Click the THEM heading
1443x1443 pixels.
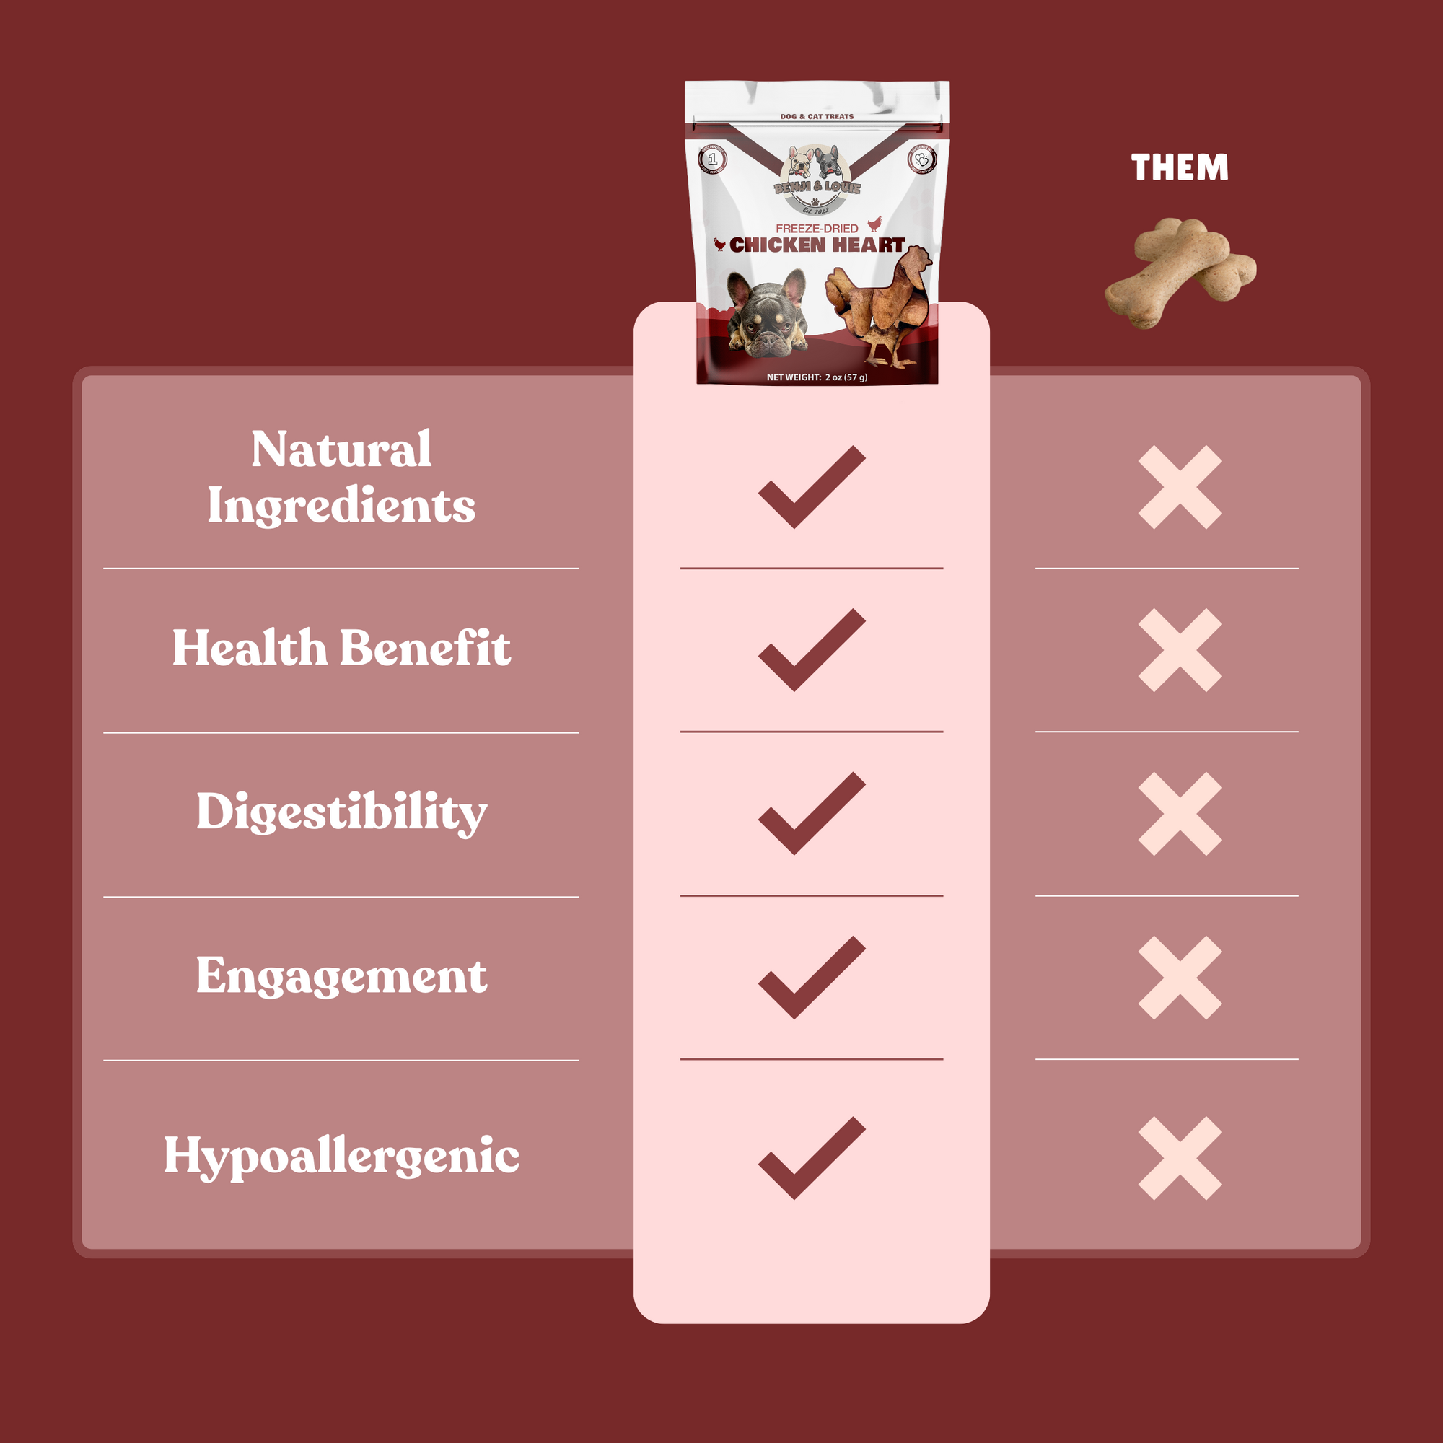tap(1180, 167)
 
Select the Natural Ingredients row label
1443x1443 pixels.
tap(341, 477)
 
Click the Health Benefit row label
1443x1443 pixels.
tap(341, 648)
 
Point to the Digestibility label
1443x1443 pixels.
tap(341, 812)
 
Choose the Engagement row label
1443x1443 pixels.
tap(341, 975)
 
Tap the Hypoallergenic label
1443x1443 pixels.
tap(341, 1155)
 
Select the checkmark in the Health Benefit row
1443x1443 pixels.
tap(810, 651)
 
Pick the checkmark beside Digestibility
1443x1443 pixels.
tap(810, 814)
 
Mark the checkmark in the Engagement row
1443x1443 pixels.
tap(810, 978)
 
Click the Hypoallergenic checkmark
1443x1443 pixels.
tap(810, 1159)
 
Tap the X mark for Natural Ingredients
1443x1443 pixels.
tap(1180, 488)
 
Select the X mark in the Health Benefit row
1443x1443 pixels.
tap(1180, 651)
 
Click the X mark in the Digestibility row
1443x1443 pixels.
tap(1180, 814)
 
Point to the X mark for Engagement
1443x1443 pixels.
tap(1180, 978)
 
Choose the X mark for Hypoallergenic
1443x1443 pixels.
tap(1180, 1159)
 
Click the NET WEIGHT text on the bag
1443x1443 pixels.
tap(816, 377)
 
